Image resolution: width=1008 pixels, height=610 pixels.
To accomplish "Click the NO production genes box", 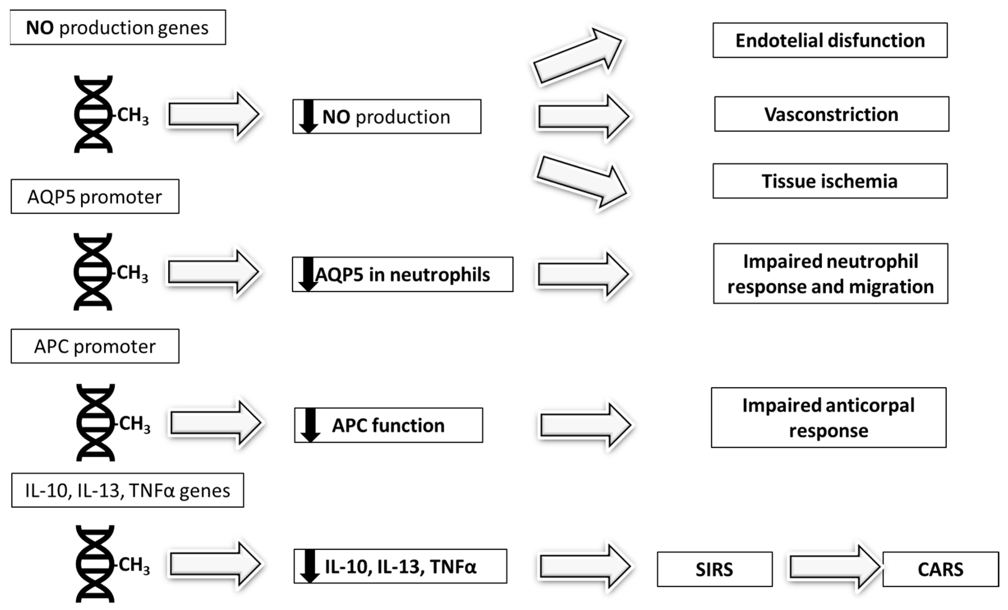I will click(118, 28).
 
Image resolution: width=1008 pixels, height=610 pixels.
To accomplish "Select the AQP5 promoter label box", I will click(95, 196).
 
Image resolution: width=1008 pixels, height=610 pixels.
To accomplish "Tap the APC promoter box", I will click(95, 346).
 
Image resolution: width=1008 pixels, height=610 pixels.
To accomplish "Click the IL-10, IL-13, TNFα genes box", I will click(127, 490).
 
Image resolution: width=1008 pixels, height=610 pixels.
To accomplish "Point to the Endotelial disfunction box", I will click(830, 40).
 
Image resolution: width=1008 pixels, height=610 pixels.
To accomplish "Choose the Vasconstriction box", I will click(831, 114).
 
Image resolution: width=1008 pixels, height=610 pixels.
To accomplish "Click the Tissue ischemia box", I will click(830, 181).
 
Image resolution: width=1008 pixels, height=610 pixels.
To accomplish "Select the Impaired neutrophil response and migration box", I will click(831, 273).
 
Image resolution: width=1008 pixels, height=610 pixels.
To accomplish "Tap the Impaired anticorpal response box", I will click(828, 418).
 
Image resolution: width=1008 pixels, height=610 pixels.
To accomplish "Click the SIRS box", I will click(714, 569).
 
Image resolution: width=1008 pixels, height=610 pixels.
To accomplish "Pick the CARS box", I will click(940, 569).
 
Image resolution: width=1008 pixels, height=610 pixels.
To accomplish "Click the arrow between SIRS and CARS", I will click(834, 567).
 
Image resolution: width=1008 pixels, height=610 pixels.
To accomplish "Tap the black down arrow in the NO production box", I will click(308, 116).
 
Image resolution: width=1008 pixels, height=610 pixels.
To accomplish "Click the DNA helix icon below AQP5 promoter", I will click(93, 272).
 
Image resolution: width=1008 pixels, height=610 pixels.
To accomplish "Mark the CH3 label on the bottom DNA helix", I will click(134, 565).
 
